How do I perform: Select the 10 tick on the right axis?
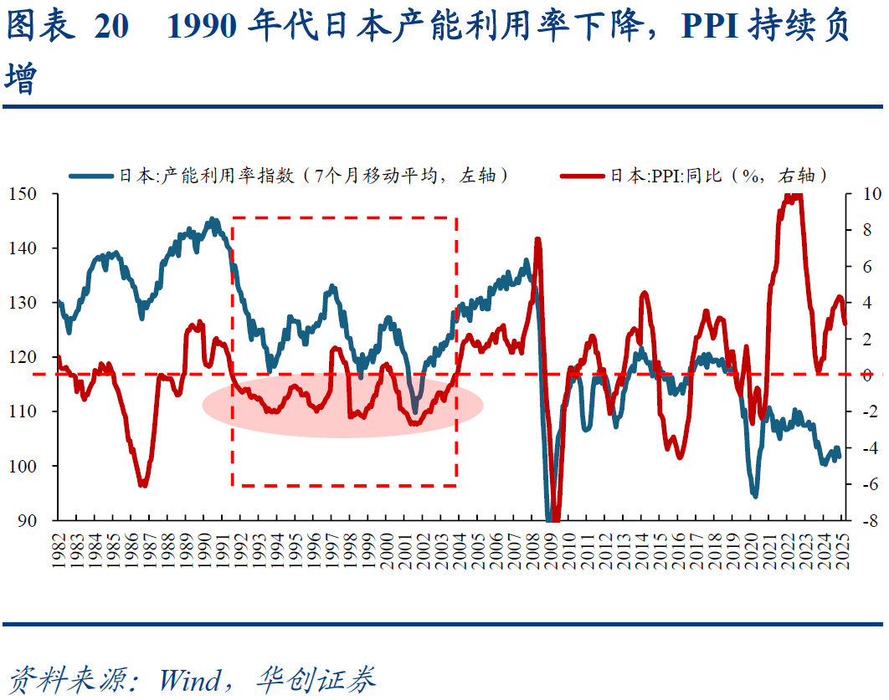[862, 194]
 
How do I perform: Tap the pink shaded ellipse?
[342, 405]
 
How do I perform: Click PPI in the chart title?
[712, 28]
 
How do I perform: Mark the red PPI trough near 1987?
[143, 485]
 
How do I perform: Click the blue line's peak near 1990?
[213, 220]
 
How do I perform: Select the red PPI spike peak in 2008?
[537, 239]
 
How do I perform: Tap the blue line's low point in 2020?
[755, 496]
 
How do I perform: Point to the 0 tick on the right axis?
[859, 375]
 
